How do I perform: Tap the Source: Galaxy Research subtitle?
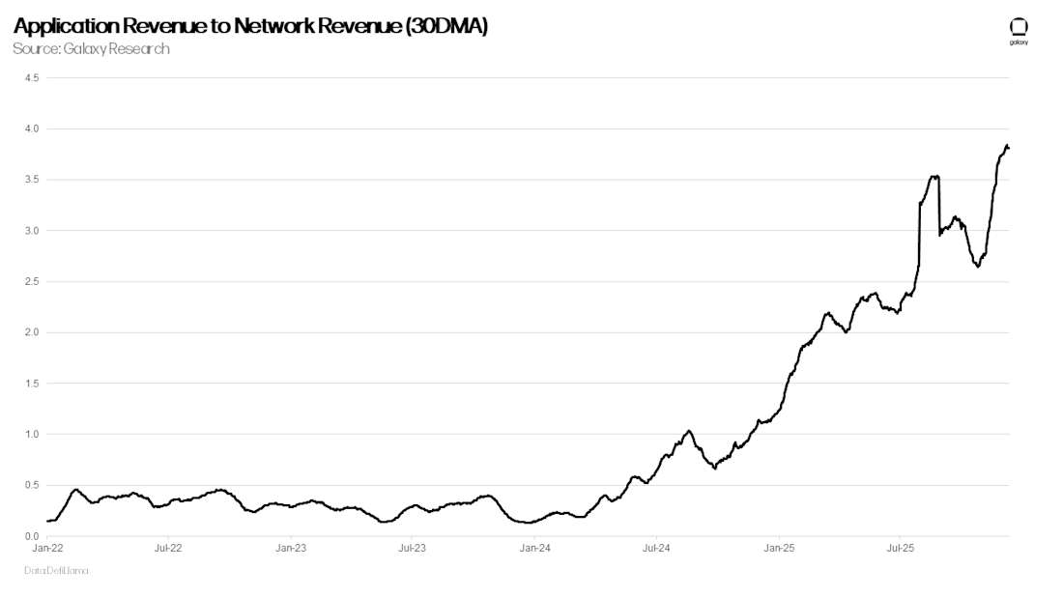91,48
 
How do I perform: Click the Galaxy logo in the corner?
1018,30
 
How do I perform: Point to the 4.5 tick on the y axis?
31,78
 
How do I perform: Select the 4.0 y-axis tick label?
31,128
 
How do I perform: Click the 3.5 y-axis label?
31,180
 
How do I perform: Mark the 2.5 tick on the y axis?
31,281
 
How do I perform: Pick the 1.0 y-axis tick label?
31,434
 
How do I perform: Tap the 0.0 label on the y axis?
31,536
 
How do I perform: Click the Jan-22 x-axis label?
47,548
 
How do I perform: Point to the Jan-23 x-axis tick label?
291,548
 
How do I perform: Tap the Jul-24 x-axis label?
656,548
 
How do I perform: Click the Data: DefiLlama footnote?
56,571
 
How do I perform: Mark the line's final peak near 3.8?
1006,146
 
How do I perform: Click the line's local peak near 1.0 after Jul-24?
688,431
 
